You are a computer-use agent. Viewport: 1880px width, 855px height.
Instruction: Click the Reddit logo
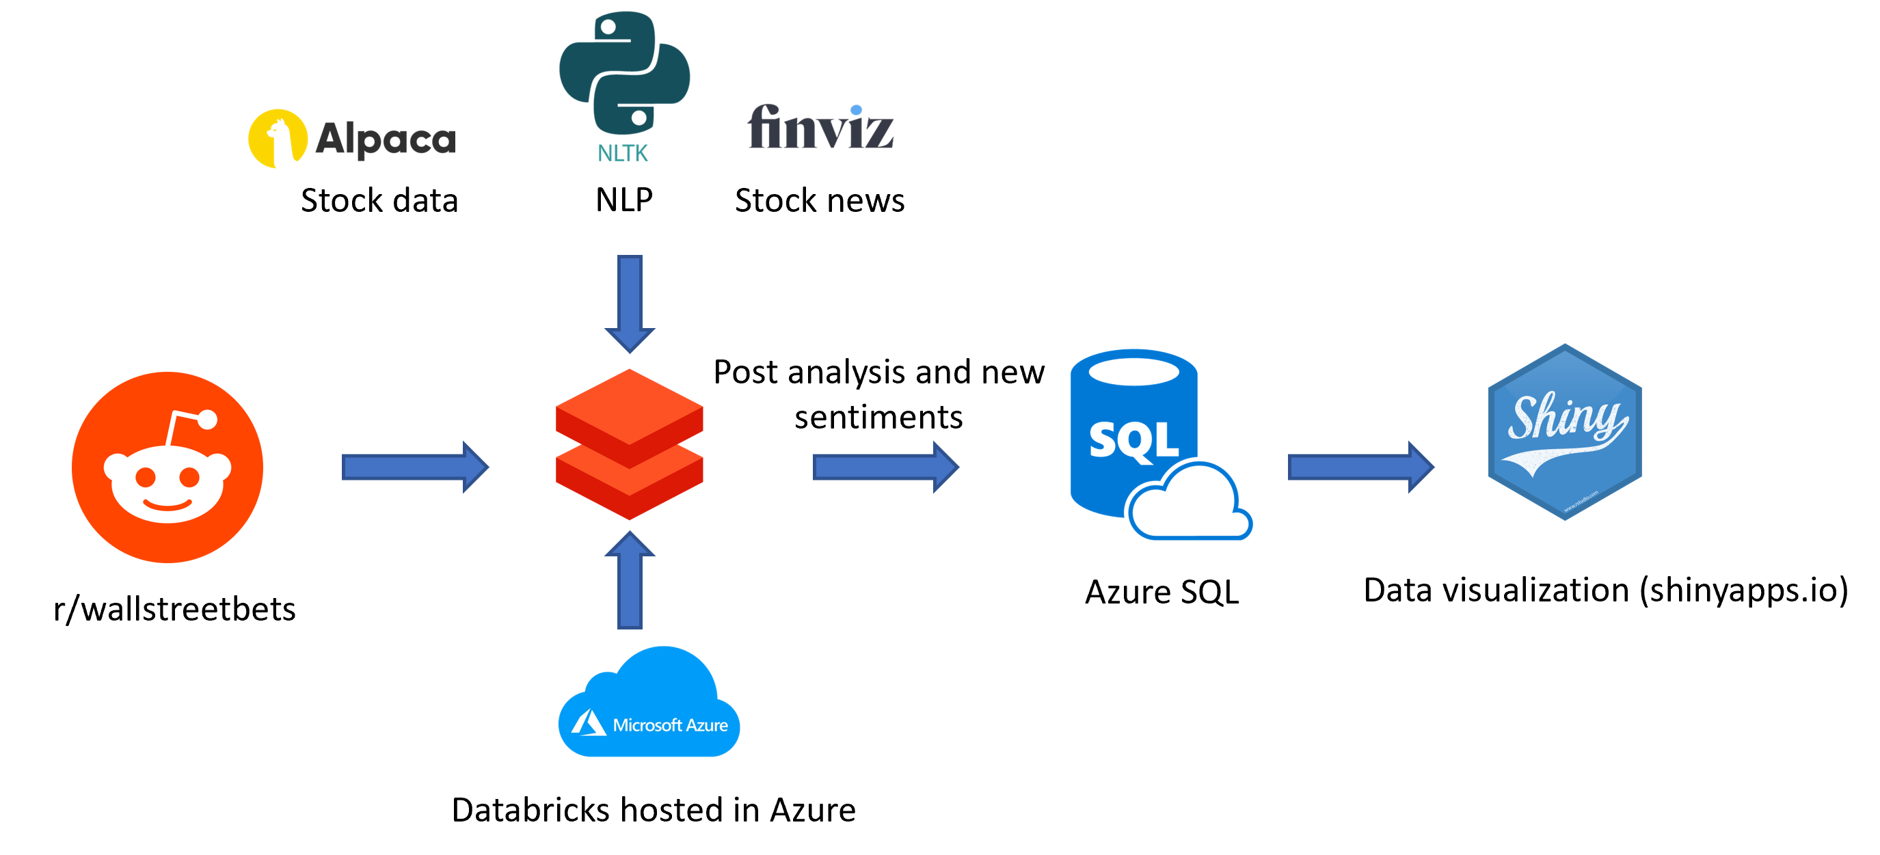[x=167, y=467]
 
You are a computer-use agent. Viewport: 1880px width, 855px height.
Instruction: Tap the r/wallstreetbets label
[x=174, y=609]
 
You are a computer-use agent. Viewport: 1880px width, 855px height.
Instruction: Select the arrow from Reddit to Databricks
[x=415, y=467]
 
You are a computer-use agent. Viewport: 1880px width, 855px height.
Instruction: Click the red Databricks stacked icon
[x=629, y=444]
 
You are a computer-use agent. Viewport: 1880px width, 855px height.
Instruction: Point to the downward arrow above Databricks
[x=630, y=304]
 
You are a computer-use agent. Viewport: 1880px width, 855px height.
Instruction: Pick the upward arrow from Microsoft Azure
[x=630, y=580]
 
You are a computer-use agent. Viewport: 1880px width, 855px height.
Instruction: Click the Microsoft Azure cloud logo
[x=649, y=701]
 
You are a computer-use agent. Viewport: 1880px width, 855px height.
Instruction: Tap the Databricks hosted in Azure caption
[x=653, y=810]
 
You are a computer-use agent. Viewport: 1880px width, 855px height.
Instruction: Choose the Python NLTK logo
[x=625, y=87]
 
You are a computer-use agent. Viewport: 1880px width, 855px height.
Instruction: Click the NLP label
[x=624, y=200]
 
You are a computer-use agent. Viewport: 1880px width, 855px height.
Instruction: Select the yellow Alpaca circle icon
[x=278, y=139]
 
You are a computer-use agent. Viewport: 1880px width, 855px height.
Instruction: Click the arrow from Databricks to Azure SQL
[x=886, y=467]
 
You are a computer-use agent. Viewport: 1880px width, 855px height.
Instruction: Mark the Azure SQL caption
[x=1162, y=592]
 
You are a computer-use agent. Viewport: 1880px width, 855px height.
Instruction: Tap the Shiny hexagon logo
[x=1565, y=432]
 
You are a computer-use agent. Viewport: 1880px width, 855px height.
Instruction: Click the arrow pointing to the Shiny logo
[x=1361, y=467]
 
